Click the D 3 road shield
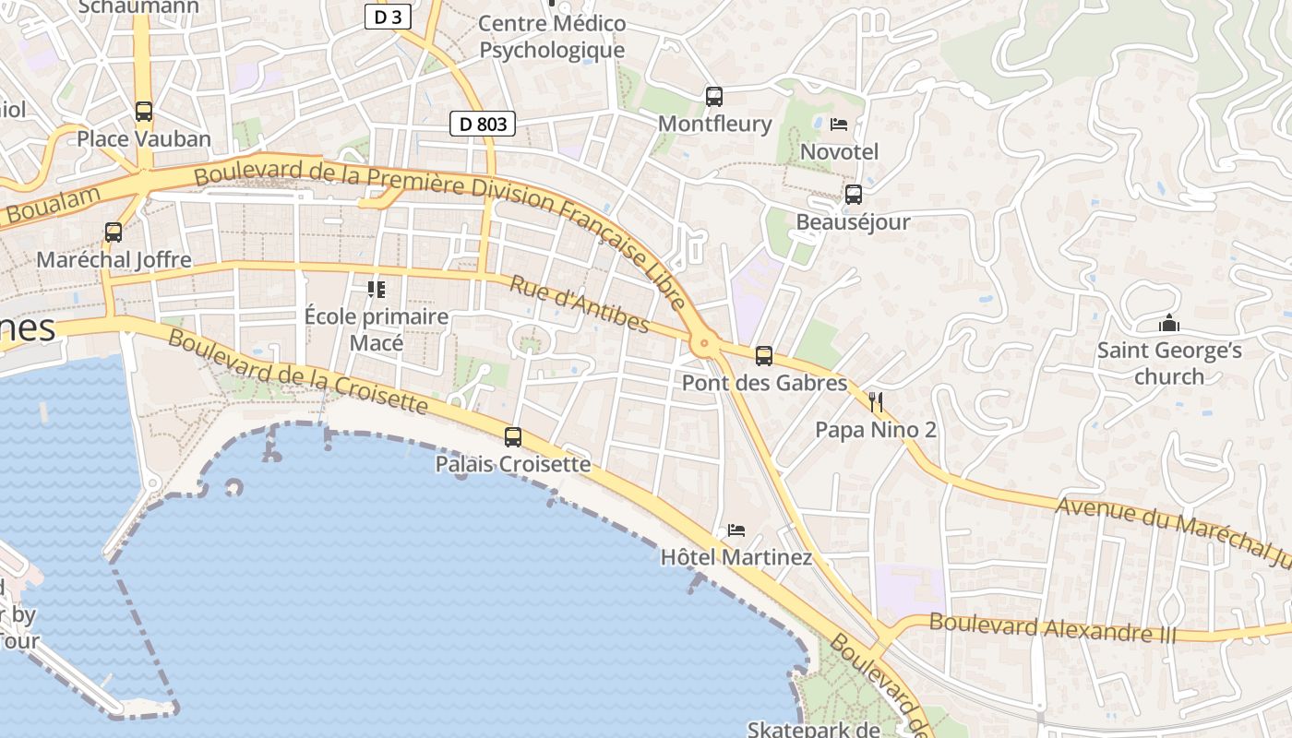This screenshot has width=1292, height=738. point(388,17)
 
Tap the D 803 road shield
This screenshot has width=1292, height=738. point(483,123)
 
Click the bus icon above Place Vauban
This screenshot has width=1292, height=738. point(143,112)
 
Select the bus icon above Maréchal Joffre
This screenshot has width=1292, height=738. point(114,232)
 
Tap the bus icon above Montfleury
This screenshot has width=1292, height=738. point(713,96)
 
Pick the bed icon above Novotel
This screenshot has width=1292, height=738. point(839,124)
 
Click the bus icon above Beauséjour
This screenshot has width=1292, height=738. point(854,195)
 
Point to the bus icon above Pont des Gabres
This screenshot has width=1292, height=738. point(763,356)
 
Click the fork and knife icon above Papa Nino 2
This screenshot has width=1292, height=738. point(876,402)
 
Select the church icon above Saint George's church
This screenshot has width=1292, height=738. point(1169,324)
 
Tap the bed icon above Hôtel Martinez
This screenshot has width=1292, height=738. point(736,530)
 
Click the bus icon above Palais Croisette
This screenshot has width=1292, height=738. point(512,437)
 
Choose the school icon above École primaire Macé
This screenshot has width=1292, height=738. point(376,290)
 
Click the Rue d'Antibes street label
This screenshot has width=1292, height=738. point(580,304)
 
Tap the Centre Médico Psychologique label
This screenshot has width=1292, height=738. point(552,37)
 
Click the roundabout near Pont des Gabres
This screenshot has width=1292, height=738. point(704,345)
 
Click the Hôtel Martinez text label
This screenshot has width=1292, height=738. point(736,557)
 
